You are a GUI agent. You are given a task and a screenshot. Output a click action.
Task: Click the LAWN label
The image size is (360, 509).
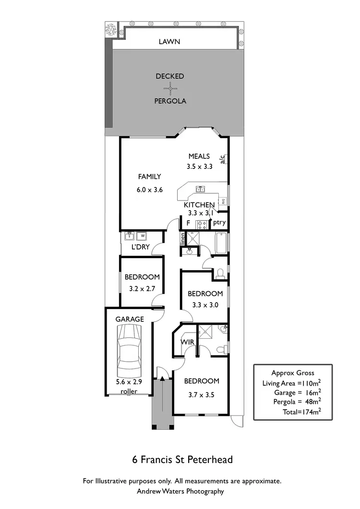169,42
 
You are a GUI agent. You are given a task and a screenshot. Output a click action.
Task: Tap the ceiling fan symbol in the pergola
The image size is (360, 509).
170,88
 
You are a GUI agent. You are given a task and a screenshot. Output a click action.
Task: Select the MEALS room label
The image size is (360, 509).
199,156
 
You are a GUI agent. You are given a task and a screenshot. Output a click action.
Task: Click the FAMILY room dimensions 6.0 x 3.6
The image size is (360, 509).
150,189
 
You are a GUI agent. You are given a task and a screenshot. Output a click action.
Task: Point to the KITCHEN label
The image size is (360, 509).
199,205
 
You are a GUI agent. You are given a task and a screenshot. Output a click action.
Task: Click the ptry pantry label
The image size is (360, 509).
219,222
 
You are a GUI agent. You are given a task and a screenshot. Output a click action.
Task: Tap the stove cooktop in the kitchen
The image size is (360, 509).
202,224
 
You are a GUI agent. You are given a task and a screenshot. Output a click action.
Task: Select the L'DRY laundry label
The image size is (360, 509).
141,247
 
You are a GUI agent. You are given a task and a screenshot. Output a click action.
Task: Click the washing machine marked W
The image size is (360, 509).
143,236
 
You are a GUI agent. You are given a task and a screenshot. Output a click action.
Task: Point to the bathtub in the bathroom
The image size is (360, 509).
221,243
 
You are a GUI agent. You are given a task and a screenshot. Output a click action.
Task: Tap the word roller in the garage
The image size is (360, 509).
129,391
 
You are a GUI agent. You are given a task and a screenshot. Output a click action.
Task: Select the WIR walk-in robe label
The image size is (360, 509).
187,342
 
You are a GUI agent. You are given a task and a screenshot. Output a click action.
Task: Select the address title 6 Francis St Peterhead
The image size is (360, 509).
182,460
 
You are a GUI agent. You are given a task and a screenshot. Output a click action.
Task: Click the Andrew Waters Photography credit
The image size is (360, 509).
180,491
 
